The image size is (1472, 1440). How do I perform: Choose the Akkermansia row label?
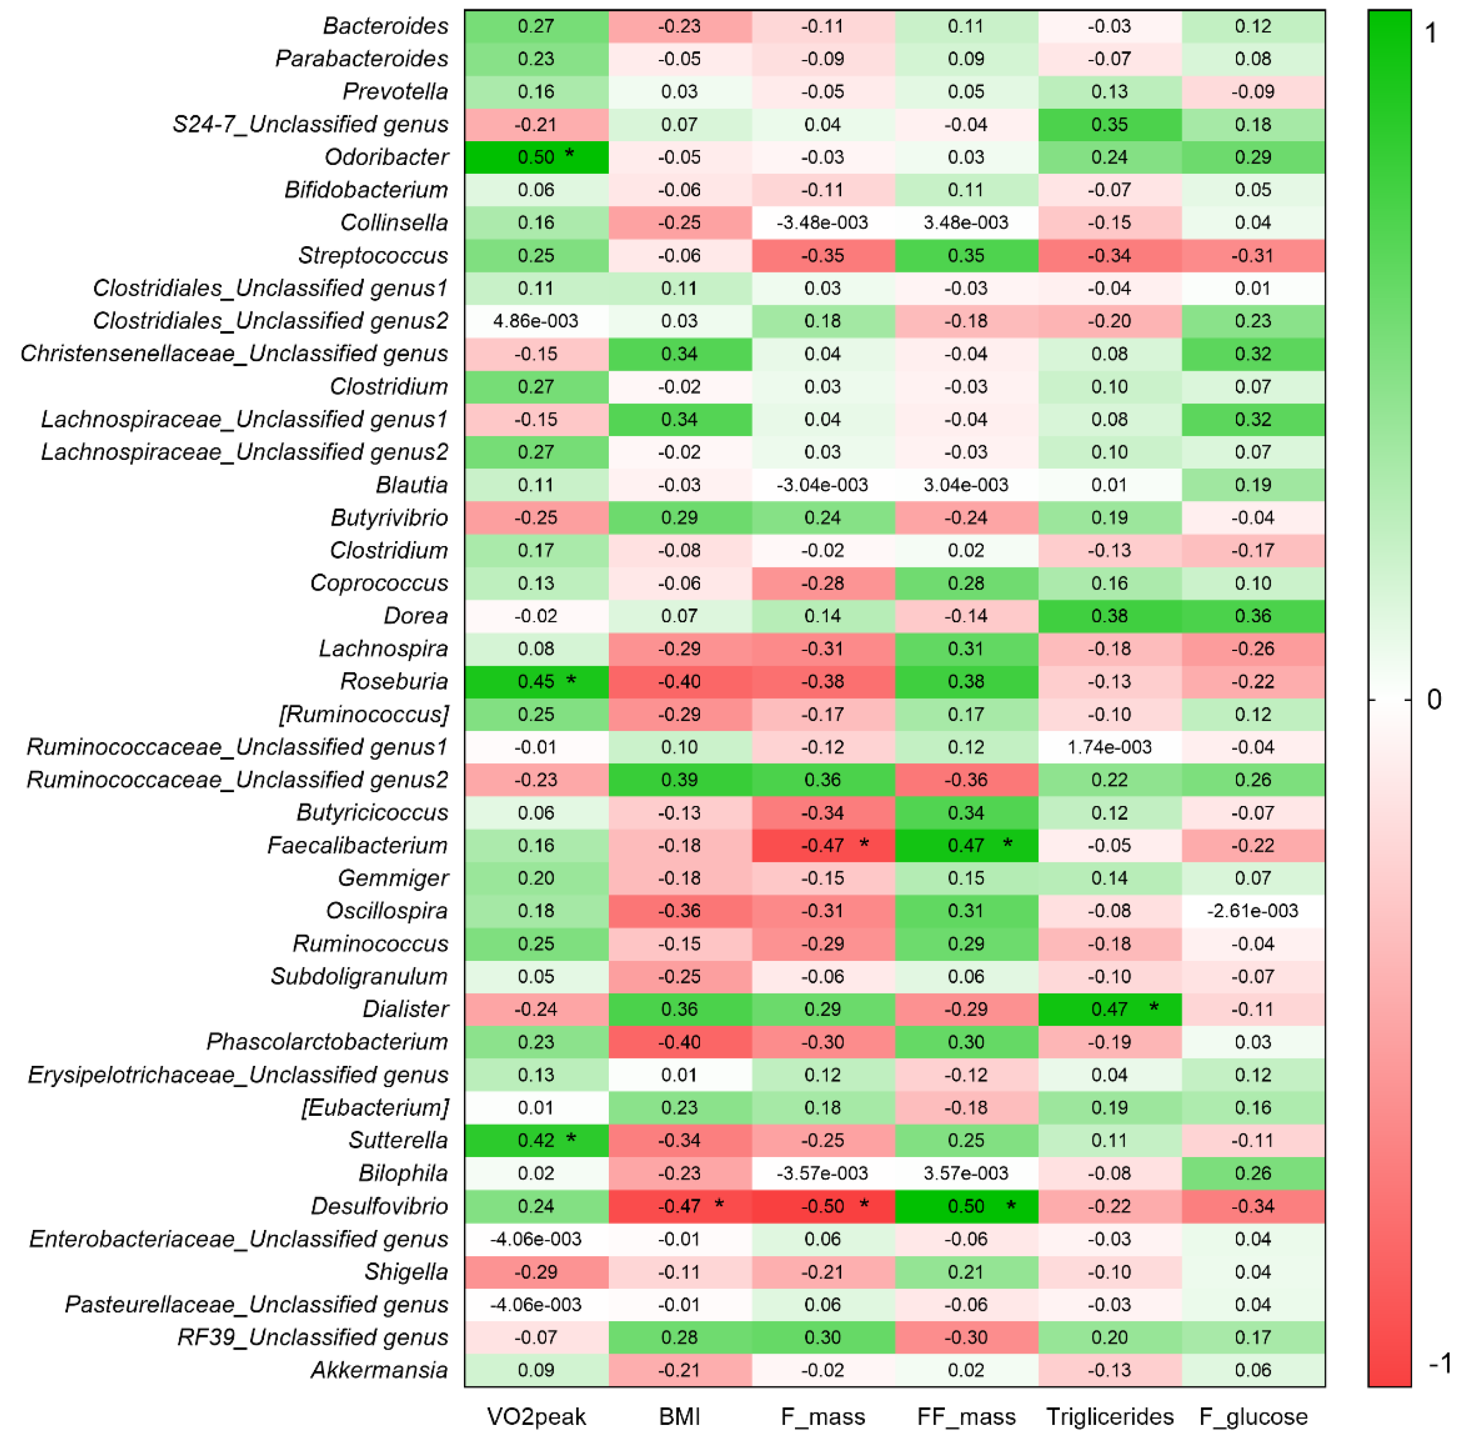point(379,1370)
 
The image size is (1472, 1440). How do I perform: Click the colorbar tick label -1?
point(1439,1363)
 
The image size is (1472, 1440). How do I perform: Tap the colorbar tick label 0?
point(1433,700)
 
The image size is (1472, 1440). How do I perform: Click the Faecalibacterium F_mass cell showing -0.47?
point(822,845)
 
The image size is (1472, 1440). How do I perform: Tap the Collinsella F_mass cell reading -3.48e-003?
point(822,222)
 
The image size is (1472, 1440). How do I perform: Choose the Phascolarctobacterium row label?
point(327,1042)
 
